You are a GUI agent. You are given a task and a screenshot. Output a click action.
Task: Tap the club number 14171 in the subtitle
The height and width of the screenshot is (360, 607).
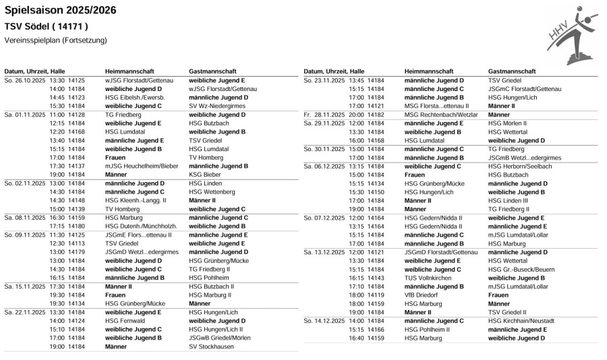(67, 27)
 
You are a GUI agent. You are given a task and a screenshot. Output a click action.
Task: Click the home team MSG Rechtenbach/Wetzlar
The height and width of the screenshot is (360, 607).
(441, 115)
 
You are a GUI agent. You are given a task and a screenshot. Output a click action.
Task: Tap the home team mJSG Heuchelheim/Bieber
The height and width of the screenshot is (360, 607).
(141, 166)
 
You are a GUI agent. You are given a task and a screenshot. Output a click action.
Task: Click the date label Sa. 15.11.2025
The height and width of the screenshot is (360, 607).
(25, 287)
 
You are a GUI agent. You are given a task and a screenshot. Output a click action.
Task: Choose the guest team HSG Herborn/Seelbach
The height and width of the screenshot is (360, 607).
(520, 166)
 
